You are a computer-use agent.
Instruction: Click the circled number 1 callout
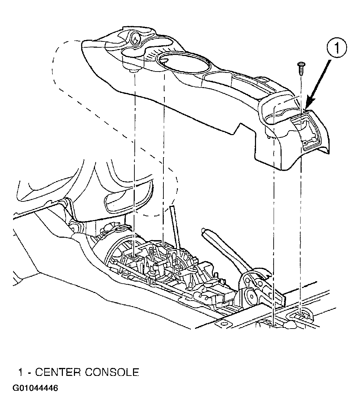coord(337,48)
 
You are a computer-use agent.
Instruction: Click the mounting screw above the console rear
coord(301,68)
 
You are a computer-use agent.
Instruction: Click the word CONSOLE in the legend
coord(112,372)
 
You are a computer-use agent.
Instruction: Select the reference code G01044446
coord(35,388)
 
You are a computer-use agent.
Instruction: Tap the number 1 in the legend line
coord(21,372)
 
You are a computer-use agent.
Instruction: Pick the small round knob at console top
coord(136,38)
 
